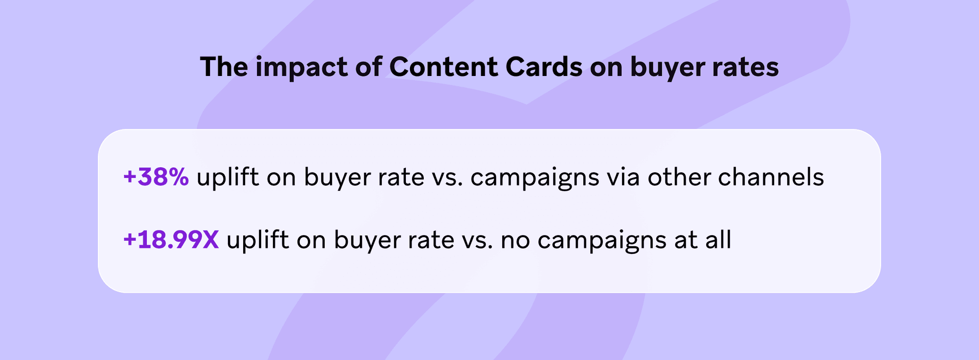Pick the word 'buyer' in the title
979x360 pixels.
pyautogui.click(x=664, y=68)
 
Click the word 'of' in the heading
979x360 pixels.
pyautogui.click(x=368, y=67)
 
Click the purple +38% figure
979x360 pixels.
pyautogui.click(x=156, y=177)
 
